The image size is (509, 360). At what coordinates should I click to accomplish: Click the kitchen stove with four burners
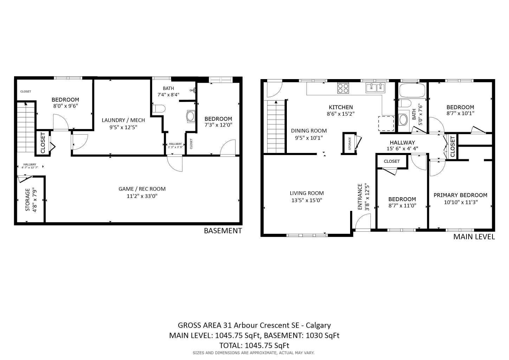pos(343,88)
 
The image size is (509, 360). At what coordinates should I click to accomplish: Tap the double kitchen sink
pos(375,88)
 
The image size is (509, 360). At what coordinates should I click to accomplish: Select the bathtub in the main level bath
pos(412,91)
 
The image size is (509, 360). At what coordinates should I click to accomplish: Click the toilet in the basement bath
pos(159,109)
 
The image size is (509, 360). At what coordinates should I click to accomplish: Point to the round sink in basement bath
pos(191,116)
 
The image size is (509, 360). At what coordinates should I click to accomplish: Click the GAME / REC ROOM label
pos(142,189)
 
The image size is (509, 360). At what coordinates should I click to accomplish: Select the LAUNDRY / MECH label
pos(123,120)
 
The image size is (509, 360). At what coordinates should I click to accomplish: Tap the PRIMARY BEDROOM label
pos(460,195)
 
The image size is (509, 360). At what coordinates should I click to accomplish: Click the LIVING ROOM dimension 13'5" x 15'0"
pos(307,200)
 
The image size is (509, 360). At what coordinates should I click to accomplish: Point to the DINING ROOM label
pos(309,131)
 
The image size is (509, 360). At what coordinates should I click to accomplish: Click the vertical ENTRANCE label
pos(360,197)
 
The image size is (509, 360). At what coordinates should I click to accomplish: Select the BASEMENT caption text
pos(223,231)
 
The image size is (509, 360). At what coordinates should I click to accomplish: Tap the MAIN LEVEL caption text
pos(474,237)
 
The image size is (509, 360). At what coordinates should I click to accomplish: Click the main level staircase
pos(276,127)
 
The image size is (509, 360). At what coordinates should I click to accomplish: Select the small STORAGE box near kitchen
pos(349,143)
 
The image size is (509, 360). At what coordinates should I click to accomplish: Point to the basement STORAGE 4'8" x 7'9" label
pos(31,200)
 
